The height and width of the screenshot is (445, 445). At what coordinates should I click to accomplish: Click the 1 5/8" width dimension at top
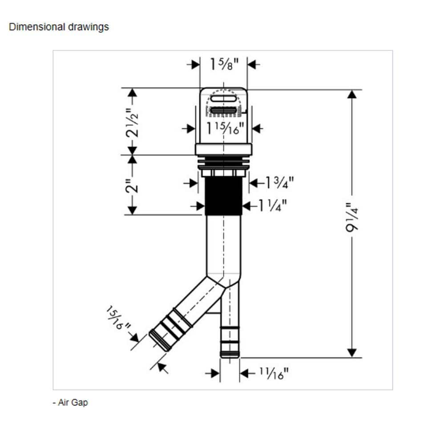pos(224,64)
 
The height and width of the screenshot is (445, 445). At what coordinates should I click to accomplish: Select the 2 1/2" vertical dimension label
pos(132,123)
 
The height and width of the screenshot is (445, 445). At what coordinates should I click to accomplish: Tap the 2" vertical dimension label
pos(132,186)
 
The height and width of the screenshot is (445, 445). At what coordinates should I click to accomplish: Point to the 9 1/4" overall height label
pos(352,217)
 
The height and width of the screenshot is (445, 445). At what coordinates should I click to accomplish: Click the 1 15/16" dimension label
pos(225,128)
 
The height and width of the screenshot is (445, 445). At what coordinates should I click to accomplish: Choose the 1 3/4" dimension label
pos(279,183)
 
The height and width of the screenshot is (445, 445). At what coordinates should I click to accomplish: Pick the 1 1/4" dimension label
pos(272,205)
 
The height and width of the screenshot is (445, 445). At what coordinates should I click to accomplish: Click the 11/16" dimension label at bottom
pos(274,373)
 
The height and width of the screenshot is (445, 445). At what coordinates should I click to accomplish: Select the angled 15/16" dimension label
pos(118,318)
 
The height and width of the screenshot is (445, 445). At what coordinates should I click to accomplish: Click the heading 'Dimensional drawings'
pos(59,27)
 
